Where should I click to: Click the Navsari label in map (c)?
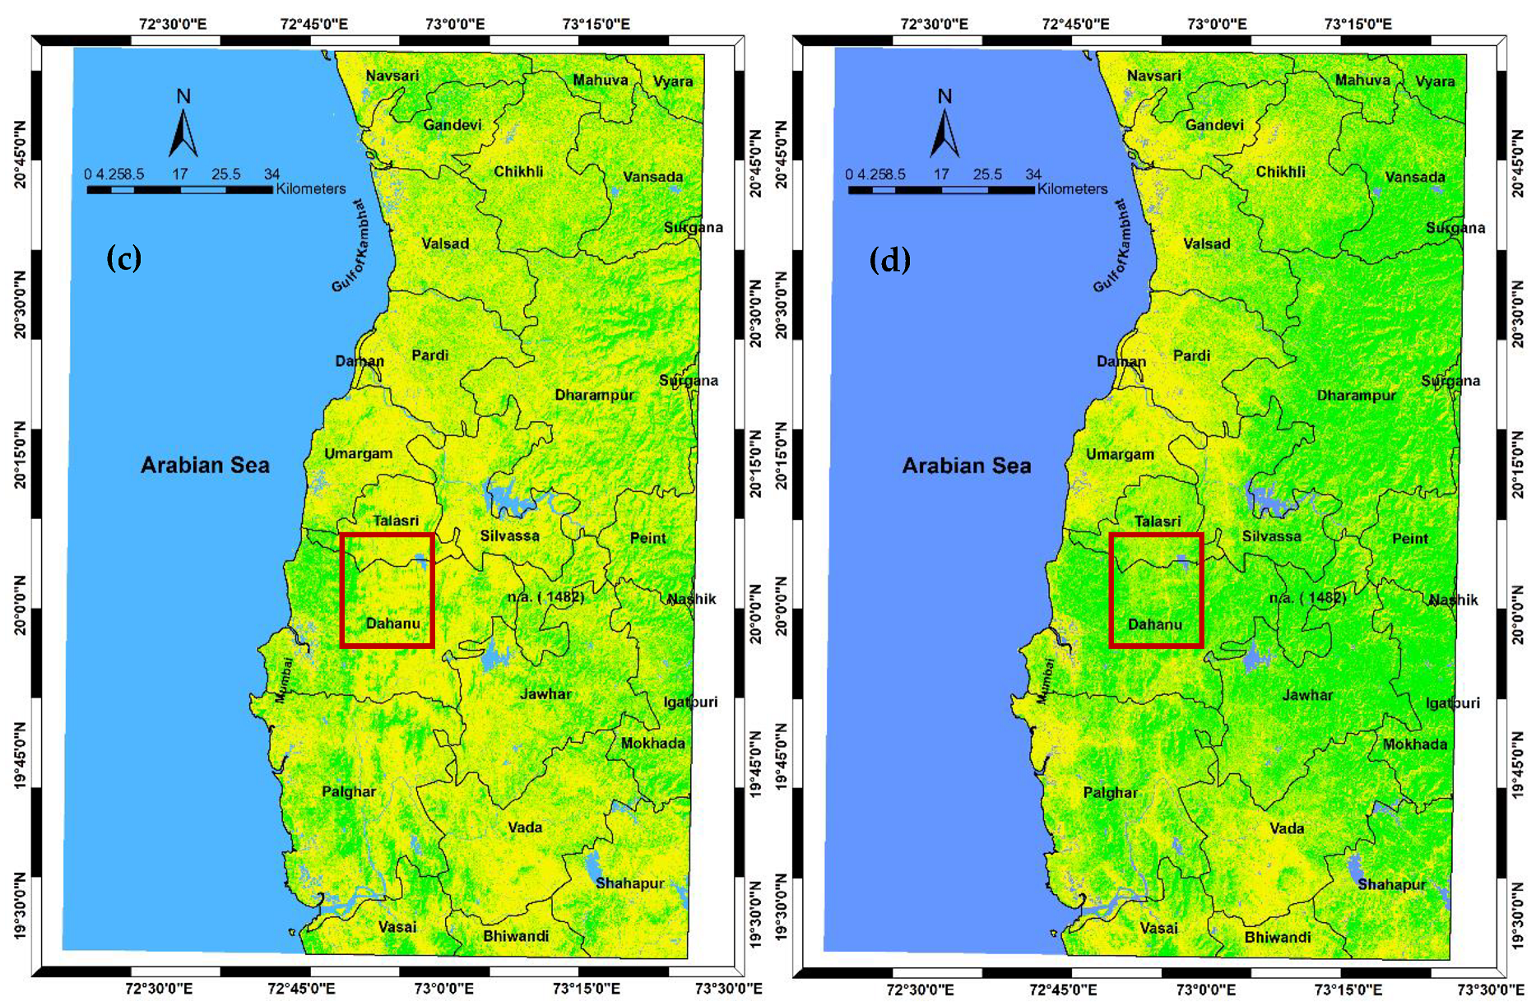coord(392,76)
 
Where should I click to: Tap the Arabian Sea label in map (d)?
coord(966,466)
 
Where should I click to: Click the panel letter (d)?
coord(889,260)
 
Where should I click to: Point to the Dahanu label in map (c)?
coord(392,624)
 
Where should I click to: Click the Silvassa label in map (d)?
coord(1271,536)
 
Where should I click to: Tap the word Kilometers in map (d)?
coord(1072,189)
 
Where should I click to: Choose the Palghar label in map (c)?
coord(348,791)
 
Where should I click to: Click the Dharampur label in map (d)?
coord(1356,396)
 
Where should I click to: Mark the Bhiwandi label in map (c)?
coord(516,936)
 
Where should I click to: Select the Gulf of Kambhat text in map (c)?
coord(350,246)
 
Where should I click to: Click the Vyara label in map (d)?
coord(1435,81)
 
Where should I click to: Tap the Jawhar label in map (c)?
coord(545,694)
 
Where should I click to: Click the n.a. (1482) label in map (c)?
coord(545,597)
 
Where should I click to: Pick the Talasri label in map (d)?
coord(1157,522)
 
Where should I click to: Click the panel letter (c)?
coord(124,258)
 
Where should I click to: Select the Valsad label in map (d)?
coord(1206,244)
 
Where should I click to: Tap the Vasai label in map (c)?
coord(397,927)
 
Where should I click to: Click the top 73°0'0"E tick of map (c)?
coord(454,24)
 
